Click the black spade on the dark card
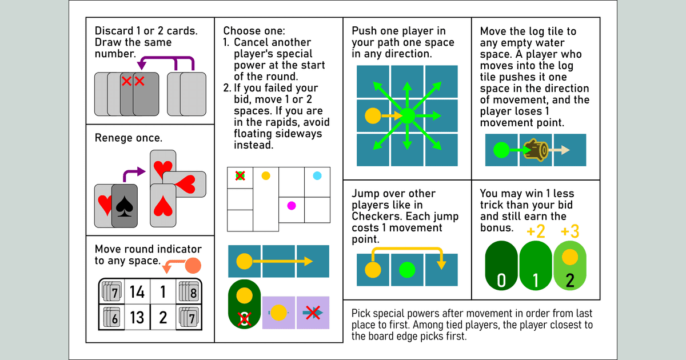(x=124, y=207)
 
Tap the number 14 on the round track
(x=137, y=293)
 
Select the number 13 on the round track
(x=137, y=317)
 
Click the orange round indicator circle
(x=193, y=265)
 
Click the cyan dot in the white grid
(x=317, y=176)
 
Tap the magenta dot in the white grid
(x=292, y=205)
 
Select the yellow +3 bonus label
(x=570, y=232)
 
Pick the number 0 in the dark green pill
(x=501, y=280)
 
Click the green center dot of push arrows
(x=407, y=116)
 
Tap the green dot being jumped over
(x=407, y=269)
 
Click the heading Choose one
(x=254, y=31)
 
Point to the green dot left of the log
(x=501, y=150)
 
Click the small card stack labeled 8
(x=188, y=293)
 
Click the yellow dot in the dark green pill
(x=244, y=295)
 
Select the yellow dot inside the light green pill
(x=569, y=257)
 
